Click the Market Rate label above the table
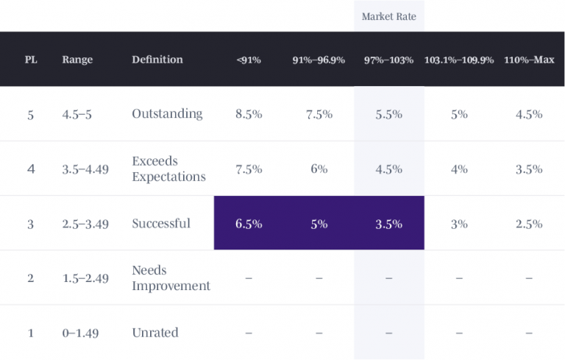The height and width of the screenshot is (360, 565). tap(388, 16)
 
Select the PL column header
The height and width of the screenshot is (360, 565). tap(31, 60)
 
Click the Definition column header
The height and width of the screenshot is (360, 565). tap(157, 60)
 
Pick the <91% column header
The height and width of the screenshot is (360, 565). tap(249, 60)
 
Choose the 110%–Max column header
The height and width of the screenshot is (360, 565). tap(529, 60)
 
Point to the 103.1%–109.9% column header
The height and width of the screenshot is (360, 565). tap(459, 60)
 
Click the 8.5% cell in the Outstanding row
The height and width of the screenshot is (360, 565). tap(249, 114)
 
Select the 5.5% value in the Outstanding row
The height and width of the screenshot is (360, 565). tap(388, 114)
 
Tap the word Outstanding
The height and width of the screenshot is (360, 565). tap(167, 113)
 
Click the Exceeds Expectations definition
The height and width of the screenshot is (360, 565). tap(168, 169)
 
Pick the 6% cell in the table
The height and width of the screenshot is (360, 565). tap(319, 169)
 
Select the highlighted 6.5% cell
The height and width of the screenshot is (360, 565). tap(249, 224)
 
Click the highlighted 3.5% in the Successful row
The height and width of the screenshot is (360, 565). tap(388, 224)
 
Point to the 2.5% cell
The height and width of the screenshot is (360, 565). tap(529, 224)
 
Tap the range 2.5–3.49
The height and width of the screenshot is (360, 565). tap(85, 224)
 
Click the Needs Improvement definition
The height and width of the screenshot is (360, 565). tap(171, 278)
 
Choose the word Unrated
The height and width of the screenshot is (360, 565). tap(155, 333)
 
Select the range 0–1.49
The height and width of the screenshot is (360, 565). tap(80, 333)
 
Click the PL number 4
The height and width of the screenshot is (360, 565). tap(30, 169)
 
